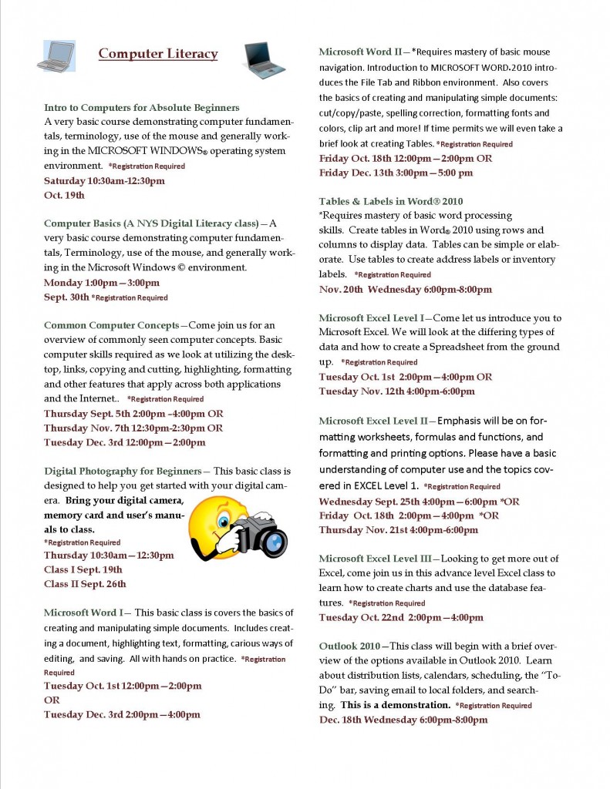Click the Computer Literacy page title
pyautogui.click(x=158, y=54)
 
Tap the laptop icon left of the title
pyautogui.click(x=56, y=55)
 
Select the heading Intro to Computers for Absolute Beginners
pyautogui.click(x=142, y=107)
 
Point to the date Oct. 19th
pyautogui.click(x=64, y=195)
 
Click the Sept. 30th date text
pyautogui.click(x=66, y=297)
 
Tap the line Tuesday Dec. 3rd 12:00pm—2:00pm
pyautogui.click(x=125, y=442)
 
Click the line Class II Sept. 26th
pyautogui.click(x=85, y=583)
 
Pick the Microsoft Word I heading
pyautogui.click(x=89, y=613)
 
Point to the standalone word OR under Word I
pyautogui.click(x=52, y=700)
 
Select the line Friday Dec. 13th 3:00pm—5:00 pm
pyautogui.click(x=396, y=173)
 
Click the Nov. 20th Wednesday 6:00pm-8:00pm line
pyautogui.click(x=405, y=289)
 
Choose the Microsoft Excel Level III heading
pyautogui.click(x=375, y=559)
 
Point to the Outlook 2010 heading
pyautogui.click(x=349, y=646)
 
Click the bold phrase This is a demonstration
pyautogui.click(x=395, y=705)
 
